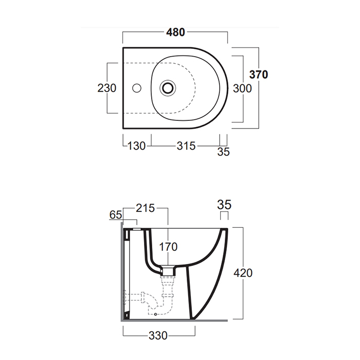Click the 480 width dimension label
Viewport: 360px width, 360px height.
click(x=176, y=32)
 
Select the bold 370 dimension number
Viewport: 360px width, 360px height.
click(x=259, y=75)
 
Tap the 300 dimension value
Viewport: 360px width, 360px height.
click(x=242, y=88)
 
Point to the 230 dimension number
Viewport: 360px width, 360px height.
click(x=107, y=88)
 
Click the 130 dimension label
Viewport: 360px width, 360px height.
click(x=137, y=146)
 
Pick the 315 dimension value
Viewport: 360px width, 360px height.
click(x=186, y=146)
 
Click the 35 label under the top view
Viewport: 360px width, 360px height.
click(x=223, y=152)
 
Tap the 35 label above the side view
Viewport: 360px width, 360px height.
click(x=224, y=205)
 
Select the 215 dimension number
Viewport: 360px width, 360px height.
click(x=146, y=208)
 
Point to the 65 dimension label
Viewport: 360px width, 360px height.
click(x=116, y=215)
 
